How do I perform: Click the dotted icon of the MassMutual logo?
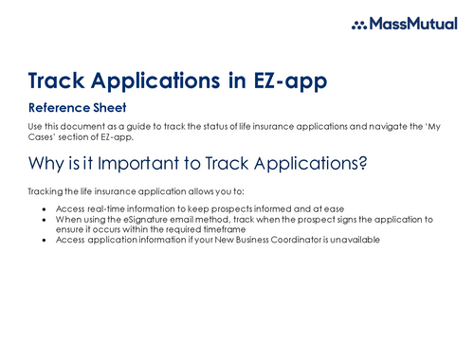360,26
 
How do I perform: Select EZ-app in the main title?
283,81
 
